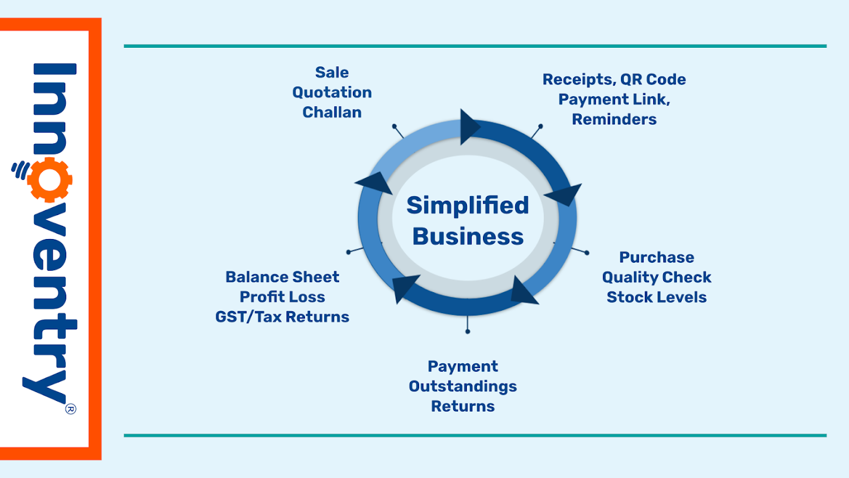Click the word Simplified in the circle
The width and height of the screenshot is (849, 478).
pyautogui.click(x=467, y=206)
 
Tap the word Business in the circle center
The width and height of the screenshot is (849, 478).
pyautogui.click(x=467, y=237)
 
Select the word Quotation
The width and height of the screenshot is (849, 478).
pyautogui.click(x=332, y=93)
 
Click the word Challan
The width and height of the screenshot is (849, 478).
pyautogui.click(x=332, y=112)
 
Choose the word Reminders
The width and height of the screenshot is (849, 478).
pyautogui.click(x=614, y=119)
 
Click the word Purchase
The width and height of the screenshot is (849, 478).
pyautogui.click(x=656, y=258)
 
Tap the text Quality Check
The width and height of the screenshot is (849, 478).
pyautogui.click(x=656, y=277)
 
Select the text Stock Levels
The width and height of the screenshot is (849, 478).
pyautogui.click(x=656, y=297)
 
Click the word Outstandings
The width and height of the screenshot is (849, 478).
pyautogui.click(x=463, y=387)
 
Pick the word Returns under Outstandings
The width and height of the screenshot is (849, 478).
pyautogui.click(x=463, y=406)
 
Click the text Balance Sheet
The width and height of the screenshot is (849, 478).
pyautogui.click(x=282, y=277)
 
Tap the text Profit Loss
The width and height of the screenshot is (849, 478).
pyautogui.click(x=282, y=297)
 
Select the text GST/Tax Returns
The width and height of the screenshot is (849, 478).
pyautogui.click(x=282, y=317)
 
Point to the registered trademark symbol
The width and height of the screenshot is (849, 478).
pyautogui.click(x=70, y=409)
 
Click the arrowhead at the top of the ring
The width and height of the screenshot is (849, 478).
pyautogui.click(x=470, y=124)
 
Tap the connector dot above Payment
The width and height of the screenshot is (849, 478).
pyautogui.click(x=467, y=330)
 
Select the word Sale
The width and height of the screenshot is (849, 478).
pyautogui.click(x=332, y=73)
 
